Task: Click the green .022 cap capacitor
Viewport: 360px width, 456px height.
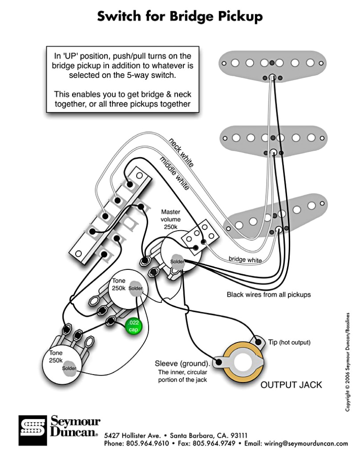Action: pos(133,326)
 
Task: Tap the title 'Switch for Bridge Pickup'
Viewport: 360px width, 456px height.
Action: pos(180,16)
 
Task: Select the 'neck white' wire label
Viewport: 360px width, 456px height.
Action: pos(181,152)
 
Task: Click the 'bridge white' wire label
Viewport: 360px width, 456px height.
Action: pos(245,259)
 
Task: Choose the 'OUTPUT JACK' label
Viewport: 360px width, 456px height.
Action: pos(291,385)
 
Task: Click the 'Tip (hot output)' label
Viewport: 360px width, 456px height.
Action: pos(289,342)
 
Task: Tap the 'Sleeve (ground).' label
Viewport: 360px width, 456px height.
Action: pos(182,363)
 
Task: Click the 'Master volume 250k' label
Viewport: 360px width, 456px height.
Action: pos(170,219)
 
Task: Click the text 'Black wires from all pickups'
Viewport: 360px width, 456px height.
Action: pos(269,294)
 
